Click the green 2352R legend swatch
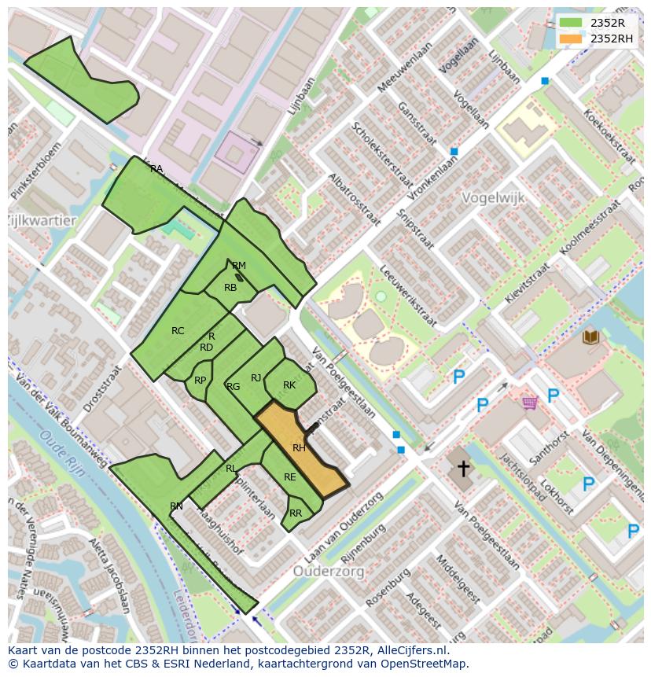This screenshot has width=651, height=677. click(x=571, y=24)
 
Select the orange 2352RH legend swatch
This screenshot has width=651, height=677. click(x=571, y=39)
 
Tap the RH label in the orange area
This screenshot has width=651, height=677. click(x=299, y=448)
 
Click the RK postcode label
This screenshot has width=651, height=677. click(x=289, y=385)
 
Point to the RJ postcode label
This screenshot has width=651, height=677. click(x=256, y=378)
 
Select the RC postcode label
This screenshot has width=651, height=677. click(x=178, y=331)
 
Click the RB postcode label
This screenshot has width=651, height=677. click(x=230, y=288)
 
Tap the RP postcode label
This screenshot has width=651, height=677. click(x=200, y=381)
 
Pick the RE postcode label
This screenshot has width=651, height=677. click(x=290, y=477)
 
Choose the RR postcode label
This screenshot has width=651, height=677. click(x=296, y=513)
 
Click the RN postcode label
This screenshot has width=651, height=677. click(x=176, y=506)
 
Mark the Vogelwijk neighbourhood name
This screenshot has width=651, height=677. click(x=493, y=198)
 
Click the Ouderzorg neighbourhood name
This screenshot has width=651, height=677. click(x=329, y=572)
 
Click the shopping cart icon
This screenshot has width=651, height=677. click(x=530, y=403)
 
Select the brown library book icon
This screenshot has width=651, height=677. click(x=590, y=337)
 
